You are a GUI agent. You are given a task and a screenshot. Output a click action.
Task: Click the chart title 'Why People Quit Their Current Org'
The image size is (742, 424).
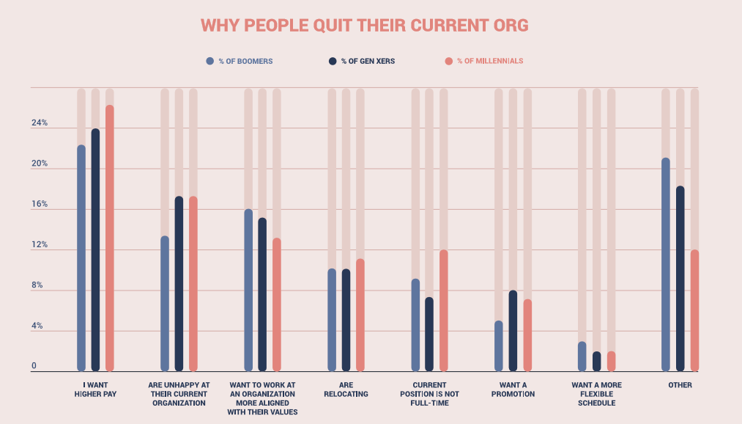364,25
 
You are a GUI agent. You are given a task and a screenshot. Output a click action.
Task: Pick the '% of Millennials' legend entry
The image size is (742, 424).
489,61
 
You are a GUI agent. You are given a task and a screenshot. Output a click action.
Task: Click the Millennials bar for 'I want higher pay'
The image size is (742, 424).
110,238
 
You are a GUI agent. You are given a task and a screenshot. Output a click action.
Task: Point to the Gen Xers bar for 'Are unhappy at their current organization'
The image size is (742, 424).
179,284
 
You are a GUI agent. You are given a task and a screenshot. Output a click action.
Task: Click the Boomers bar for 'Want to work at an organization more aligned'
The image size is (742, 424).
248,290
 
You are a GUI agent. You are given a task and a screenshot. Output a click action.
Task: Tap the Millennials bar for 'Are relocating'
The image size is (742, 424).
360,315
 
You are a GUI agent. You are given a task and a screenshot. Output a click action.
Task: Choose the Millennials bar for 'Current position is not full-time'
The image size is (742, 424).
444,311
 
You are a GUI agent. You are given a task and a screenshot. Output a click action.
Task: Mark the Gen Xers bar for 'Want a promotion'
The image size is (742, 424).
513,331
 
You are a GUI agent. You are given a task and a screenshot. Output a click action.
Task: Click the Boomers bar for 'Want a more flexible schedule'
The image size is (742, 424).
582,357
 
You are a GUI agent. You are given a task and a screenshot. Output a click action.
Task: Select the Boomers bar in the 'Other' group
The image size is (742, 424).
666,265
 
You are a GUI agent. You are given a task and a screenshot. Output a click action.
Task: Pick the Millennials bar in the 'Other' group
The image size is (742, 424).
694,311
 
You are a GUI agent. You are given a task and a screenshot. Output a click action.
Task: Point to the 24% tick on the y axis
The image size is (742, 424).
39,123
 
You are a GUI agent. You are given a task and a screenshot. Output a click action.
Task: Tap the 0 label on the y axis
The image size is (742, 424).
34,366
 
